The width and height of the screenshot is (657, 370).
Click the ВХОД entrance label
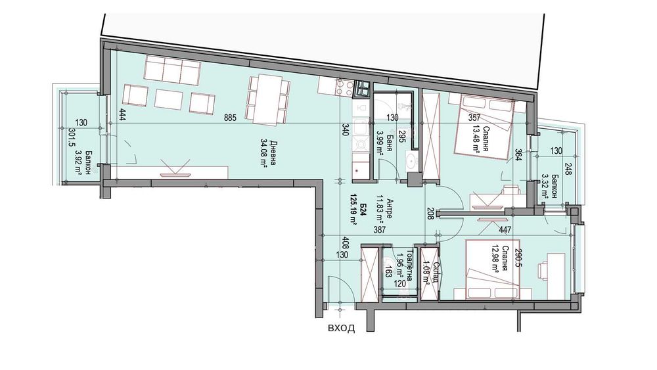[x=341, y=328]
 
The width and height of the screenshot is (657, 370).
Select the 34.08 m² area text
[x=264, y=153]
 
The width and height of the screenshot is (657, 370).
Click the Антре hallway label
[x=390, y=208]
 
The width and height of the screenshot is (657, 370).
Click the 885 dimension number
[x=230, y=118]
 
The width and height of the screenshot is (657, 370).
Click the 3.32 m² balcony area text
[x=545, y=185]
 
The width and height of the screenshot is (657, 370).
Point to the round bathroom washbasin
[x=412, y=160]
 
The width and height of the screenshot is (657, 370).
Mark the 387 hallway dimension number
[x=378, y=229]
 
